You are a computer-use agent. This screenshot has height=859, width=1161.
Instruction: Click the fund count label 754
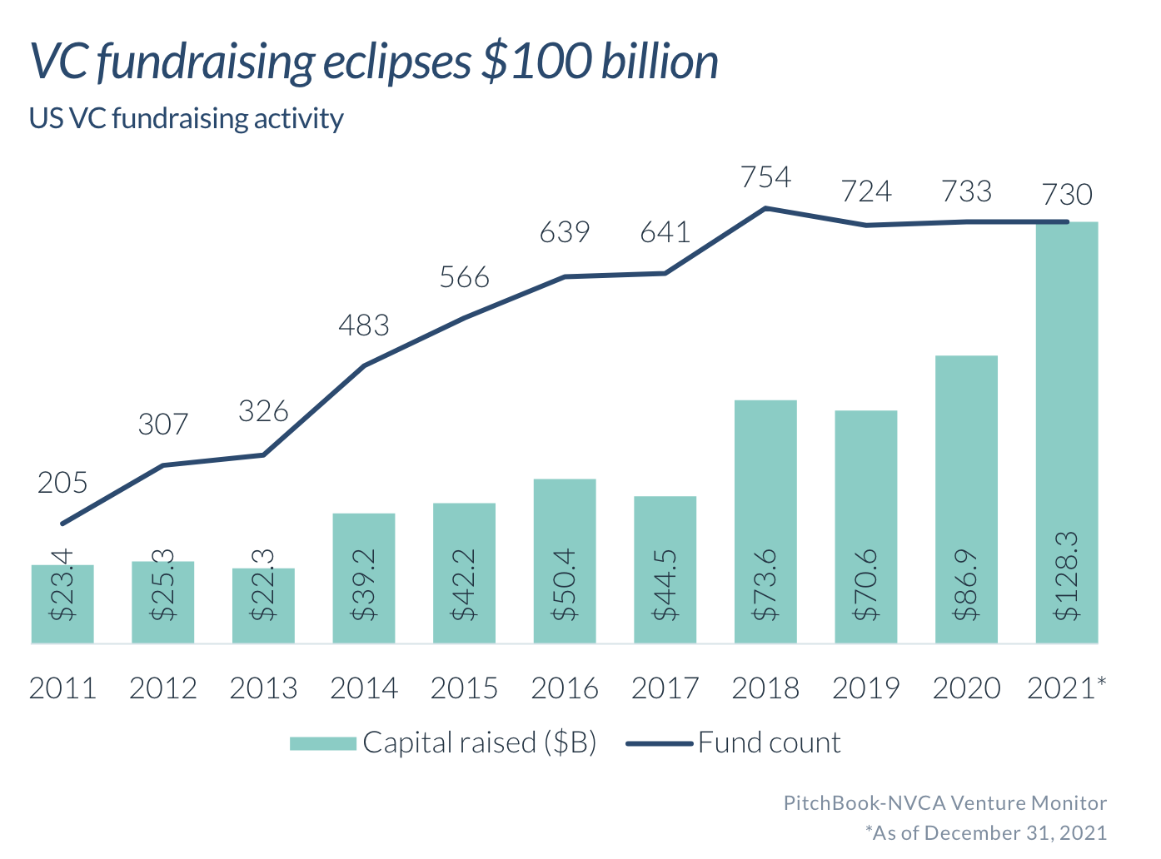[x=765, y=177]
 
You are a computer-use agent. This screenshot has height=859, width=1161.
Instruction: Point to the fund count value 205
[x=62, y=483]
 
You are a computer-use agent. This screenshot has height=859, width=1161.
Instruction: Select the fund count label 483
[x=364, y=325]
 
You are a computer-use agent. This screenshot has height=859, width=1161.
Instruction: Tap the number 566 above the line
[x=464, y=277]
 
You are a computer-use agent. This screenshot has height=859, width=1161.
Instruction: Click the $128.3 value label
[x=1067, y=576]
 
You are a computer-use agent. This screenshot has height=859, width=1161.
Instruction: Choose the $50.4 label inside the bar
[x=565, y=584]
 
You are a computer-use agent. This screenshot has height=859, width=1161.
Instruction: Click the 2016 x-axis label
[x=565, y=688]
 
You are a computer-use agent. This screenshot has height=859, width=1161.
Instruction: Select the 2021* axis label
[x=1067, y=688]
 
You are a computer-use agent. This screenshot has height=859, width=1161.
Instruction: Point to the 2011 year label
[x=62, y=688]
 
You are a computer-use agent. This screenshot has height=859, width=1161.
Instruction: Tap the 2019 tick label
[x=866, y=688]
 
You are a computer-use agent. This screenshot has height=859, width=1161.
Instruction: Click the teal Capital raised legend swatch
[x=323, y=743]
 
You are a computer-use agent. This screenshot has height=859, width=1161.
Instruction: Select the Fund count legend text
[x=770, y=742]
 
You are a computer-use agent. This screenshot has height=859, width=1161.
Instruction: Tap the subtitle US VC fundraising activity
[x=187, y=118]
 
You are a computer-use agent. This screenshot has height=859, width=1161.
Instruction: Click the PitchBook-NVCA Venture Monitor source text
[x=945, y=803]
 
